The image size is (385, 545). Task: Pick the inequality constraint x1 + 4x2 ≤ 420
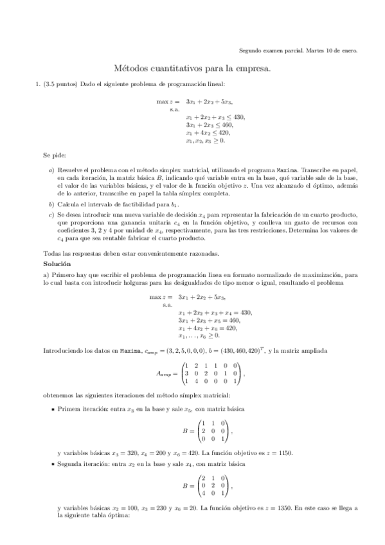click(207, 133)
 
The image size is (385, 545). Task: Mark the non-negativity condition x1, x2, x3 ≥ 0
click(205, 141)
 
